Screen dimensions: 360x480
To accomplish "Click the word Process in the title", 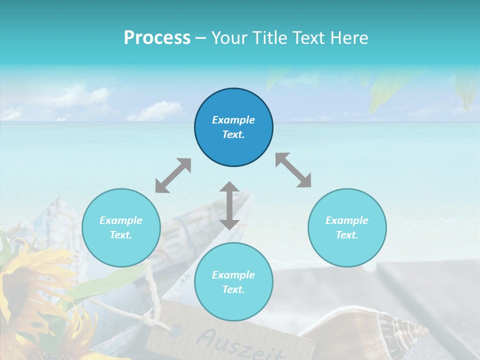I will (x=157, y=37).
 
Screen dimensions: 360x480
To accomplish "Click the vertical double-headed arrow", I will (x=229, y=205).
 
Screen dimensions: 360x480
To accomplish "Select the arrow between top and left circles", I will (x=173, y=175).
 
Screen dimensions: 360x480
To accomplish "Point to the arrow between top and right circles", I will (x=293, y=170).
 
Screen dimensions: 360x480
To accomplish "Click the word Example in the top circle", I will (x=233, y=120).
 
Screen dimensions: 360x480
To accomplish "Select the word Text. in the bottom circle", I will (x=233, y=289).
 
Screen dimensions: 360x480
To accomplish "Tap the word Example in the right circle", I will (x=347, y=220).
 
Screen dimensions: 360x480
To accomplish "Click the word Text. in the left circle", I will (x=121, y=235).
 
